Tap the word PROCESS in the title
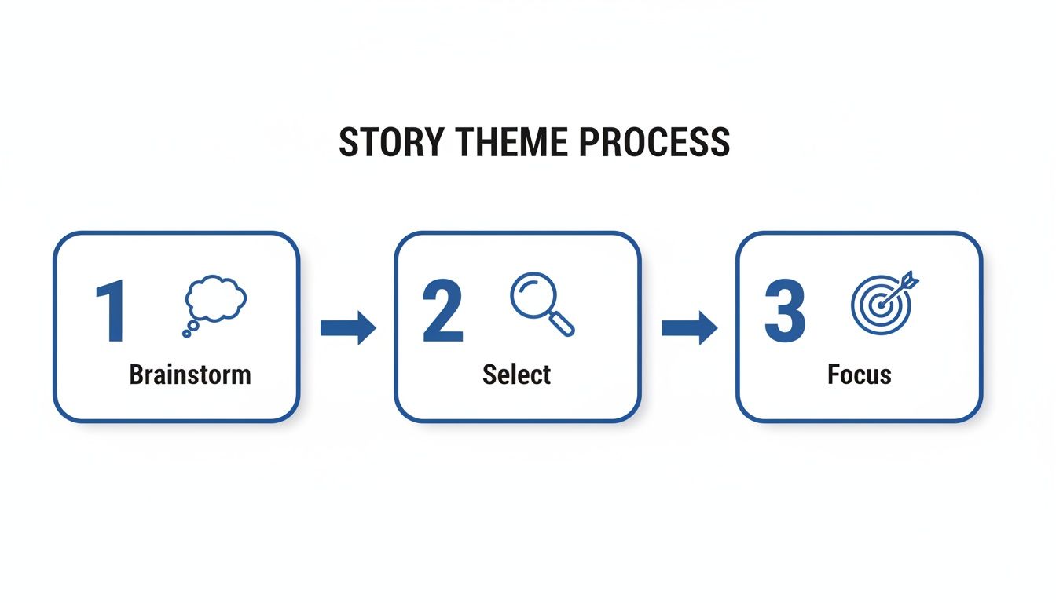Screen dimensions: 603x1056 coord(654,142)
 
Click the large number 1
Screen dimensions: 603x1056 coord(111,312)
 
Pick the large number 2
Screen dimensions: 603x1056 coord(442,312)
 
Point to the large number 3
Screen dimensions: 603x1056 coord(784,312)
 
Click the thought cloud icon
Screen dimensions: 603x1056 coord(215,299)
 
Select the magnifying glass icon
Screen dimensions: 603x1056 coord(541,303)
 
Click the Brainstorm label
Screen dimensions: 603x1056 coord(190,375)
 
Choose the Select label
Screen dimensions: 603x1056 coord(517,375)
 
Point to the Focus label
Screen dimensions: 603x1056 coord(860,375)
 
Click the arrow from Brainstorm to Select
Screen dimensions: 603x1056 coord(347,327)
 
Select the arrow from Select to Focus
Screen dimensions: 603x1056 coord(689,327)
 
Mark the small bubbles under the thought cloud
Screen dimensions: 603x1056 coord(189,331)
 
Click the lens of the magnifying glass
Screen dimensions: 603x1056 coord(532,293)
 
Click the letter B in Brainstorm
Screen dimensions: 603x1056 coord(137,375)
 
